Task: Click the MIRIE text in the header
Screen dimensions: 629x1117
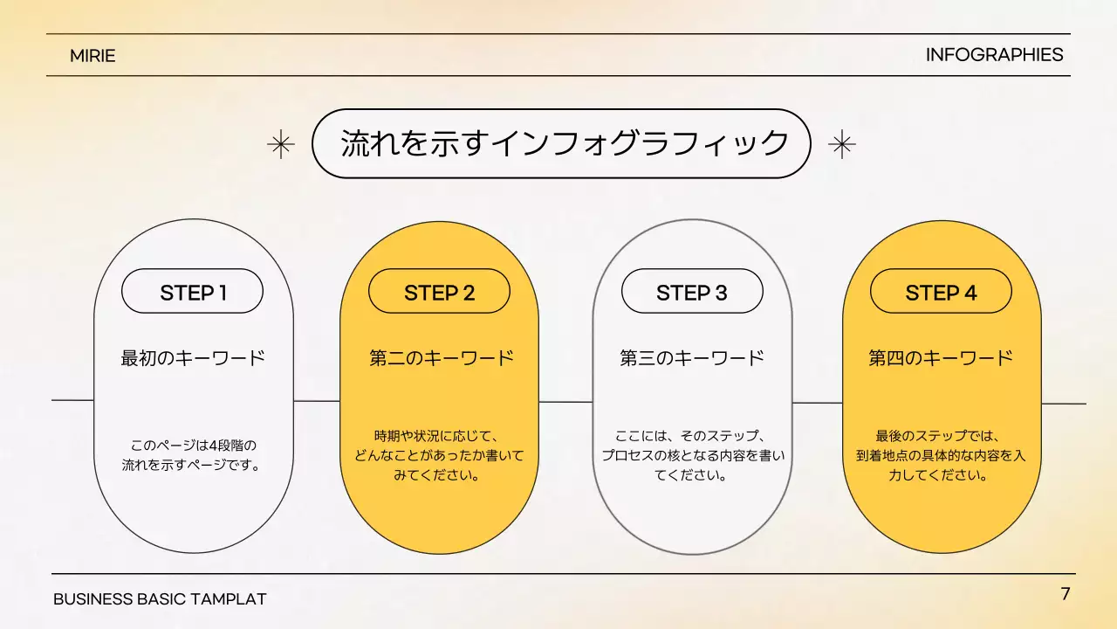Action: (93, 56)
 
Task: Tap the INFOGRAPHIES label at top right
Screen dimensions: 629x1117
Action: (994, 55)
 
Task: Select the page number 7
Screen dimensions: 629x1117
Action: (1065, 594)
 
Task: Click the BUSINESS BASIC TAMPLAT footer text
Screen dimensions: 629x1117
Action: (160, 599)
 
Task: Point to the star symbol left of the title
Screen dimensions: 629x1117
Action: (280, 144)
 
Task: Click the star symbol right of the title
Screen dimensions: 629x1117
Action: (841, 144)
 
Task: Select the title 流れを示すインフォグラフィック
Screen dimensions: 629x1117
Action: (564, 143)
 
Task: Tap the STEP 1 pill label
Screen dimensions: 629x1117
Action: (192, 292)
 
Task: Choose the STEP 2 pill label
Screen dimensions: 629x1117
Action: (439, 292)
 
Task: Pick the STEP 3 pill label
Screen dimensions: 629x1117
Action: (691, 292)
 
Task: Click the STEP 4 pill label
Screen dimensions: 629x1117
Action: (941, 292)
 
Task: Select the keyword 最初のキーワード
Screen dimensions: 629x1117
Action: (192, 358)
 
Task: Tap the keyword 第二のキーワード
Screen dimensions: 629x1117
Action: (441, 358)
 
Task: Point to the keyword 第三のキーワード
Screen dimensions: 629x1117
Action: (692, 358)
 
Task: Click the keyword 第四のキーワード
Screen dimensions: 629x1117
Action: (941, 358)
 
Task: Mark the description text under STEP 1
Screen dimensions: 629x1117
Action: (192, 455)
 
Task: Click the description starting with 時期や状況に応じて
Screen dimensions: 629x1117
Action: (439, 455)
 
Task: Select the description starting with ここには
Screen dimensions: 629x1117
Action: (692, 455)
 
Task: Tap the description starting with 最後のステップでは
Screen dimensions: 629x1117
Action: (941, 455)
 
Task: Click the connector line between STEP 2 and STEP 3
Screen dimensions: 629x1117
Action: (565, 402)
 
